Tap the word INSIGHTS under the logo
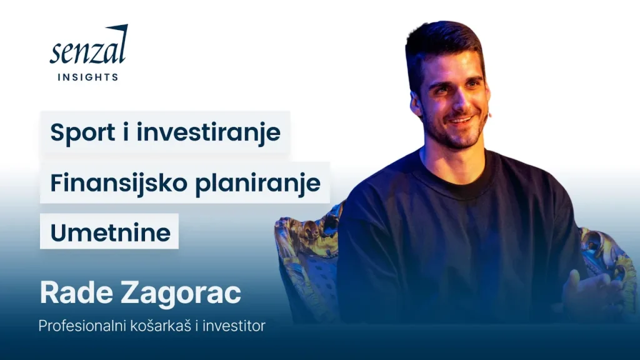(x=88, y=77)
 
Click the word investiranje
(x=209, y=132)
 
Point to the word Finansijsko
(x=119, y=183)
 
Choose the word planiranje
(x=257, y=183)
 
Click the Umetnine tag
(x=109, y=231)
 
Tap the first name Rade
(x=76, y=292)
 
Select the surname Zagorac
(x=181, y=294)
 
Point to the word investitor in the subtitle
(x=234, y=326)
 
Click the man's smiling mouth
(x=461, y=120)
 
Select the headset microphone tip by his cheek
(x=490, y=116)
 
